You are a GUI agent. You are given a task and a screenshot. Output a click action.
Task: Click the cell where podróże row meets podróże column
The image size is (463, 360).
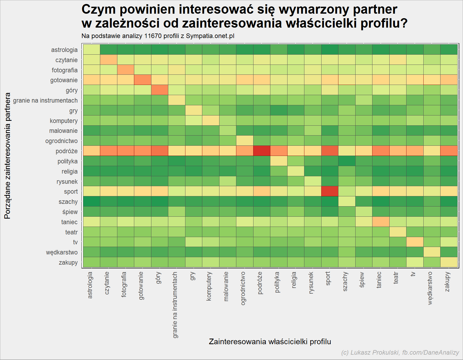[262, 151]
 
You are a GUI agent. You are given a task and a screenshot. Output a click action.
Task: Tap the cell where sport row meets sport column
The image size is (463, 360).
[330, 192]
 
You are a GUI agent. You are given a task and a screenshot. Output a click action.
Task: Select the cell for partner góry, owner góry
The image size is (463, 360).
[160, 90]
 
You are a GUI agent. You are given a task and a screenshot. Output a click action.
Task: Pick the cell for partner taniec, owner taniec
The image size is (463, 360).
[381, 222]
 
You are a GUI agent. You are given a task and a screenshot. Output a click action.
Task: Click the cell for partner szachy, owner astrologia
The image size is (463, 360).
[92, 201]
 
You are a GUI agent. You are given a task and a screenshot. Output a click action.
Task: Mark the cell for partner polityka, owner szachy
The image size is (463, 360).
[347, 161]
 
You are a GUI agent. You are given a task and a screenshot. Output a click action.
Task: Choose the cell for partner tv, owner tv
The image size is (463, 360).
[415, 242]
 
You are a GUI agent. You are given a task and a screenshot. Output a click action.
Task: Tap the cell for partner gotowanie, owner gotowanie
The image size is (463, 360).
[143, 80]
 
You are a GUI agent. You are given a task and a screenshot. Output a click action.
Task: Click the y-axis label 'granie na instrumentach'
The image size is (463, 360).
[45, 100]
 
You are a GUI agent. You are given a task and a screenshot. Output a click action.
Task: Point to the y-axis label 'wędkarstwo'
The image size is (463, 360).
[62, 252]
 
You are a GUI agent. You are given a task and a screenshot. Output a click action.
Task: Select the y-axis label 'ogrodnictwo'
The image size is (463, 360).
[61, 141]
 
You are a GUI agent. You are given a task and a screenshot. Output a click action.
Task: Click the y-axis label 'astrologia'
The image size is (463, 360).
[64, 50]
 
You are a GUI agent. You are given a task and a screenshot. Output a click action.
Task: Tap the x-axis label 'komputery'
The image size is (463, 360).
[209, 286]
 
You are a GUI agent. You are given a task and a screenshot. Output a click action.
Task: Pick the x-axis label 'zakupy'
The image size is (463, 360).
[447, 282]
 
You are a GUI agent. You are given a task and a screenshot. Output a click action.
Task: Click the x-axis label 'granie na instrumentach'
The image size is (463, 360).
[175, 305]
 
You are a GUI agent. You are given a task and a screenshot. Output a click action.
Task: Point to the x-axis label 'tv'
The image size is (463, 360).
[413, 274]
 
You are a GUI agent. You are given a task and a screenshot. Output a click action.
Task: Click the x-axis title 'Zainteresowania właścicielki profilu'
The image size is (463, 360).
[270, 342]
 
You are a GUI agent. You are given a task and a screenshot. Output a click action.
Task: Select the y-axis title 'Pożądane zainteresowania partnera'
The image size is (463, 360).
[8, 156]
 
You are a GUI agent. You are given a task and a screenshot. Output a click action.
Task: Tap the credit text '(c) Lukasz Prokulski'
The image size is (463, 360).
[371, 352]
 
